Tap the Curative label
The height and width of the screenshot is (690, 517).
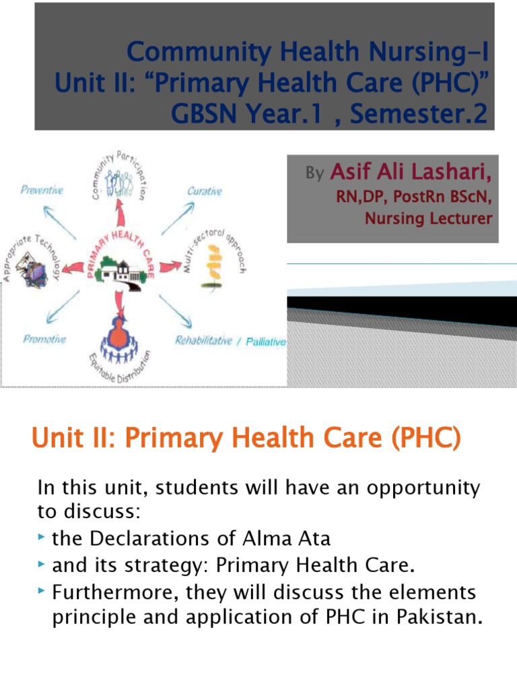click(205, 191)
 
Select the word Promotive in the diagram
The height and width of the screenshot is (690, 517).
click(44, 339)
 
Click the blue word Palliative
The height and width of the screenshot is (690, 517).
click(266, 342)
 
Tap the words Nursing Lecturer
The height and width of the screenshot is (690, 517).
click(428, 218)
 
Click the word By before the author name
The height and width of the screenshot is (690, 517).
click(314, 175)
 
